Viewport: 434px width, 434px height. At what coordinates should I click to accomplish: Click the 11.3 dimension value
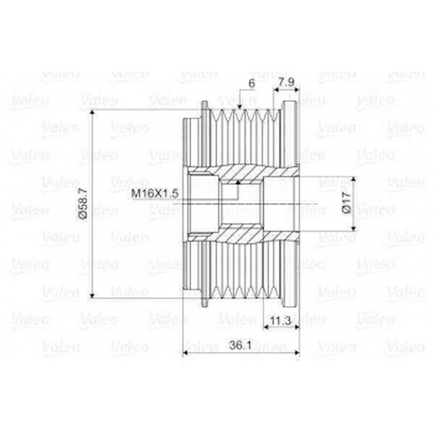[x=280, y=321]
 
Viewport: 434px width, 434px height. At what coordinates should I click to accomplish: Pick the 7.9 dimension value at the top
[x=286, y=83]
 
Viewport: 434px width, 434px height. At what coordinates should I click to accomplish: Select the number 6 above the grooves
[x=252, y=83]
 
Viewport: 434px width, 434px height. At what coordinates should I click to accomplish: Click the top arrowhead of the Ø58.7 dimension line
[x=92, y=112]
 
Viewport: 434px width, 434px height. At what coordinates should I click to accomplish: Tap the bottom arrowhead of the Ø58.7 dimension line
[x=92, y=295]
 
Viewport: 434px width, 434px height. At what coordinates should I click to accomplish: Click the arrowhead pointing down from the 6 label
[x=240, y=107]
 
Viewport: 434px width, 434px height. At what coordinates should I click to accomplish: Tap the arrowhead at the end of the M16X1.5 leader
[x=238, y=182]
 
